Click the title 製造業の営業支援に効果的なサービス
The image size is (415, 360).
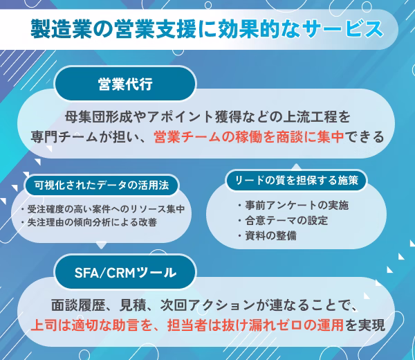[x=207, y=29]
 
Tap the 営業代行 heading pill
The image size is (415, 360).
[x=125, y=84]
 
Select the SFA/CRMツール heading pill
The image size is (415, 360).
[x=125, y=272]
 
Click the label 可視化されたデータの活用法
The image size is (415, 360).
[x=102, y=185]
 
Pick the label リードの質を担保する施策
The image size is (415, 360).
[x=297, y=181]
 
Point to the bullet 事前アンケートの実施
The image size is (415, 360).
[x=293, y=206]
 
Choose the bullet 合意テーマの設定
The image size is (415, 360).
[x=283, y=220]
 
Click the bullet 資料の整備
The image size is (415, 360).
[x=267, y=235]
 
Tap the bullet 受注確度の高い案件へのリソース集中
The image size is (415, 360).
[x=102, y=209]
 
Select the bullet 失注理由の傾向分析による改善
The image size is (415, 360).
[x=89, y=222]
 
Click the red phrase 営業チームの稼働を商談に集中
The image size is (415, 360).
[x=249, y=137]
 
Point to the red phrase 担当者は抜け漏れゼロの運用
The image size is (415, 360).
[x=255, y=325]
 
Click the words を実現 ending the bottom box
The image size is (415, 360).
[x=365, y=325]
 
